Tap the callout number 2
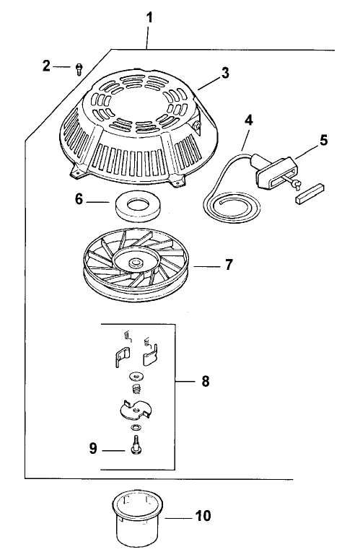[x=47, y=66]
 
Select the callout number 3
[x=226, y=74]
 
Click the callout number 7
[x=228, y=265]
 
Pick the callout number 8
[x=206, y=380]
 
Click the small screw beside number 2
[x=78, y=68]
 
